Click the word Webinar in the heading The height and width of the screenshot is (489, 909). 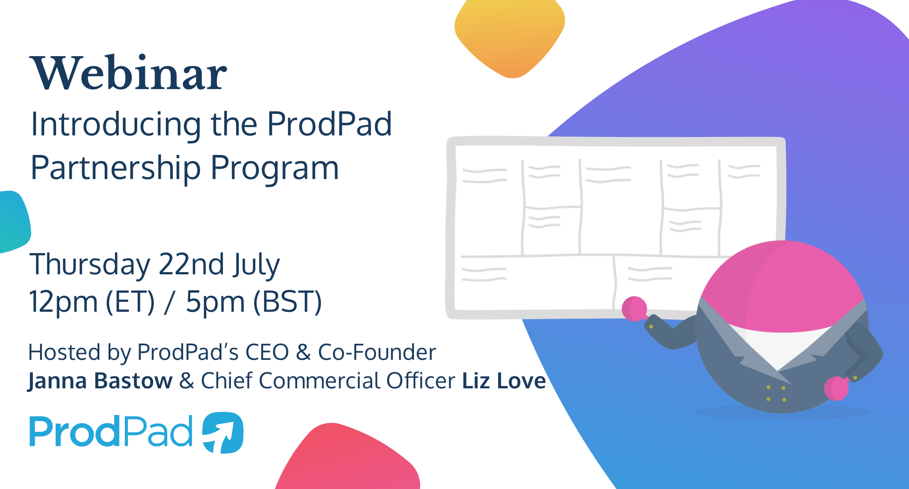tap(128, 73)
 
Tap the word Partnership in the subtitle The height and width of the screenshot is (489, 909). tap(115, 168)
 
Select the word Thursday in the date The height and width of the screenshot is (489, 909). tap(89, 265)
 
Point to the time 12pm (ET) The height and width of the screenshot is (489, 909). tap(91, 302)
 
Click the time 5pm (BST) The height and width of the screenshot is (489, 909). tap(254, 302)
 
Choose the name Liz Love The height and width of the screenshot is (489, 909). tap(504, 381)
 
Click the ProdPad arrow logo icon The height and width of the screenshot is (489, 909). tap(223, 432)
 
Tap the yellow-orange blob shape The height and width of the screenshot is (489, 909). tap(510, 36)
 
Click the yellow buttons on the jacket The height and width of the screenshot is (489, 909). tap(776, 393)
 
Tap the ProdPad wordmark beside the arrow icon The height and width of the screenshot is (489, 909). tap(111, 432)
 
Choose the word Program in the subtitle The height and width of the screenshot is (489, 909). tap(274, 168)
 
